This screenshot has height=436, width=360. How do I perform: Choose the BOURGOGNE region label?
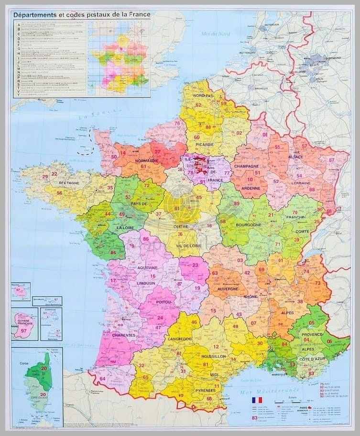tap(248, 224)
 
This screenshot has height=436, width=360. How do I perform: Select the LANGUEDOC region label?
tap(180, 339)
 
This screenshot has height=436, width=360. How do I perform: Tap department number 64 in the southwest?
tap(102, 379)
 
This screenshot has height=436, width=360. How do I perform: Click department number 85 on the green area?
tap(113, 252)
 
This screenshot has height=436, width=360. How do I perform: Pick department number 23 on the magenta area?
tap(195, 266)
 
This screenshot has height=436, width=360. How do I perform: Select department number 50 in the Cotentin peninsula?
tap(114, 157)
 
